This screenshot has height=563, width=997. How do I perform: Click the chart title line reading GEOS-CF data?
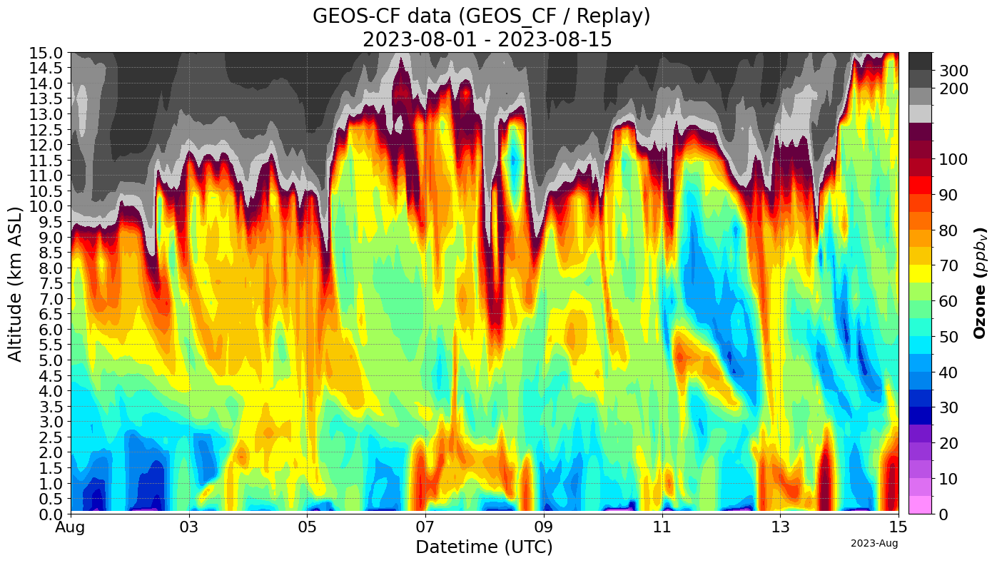coord(482,16)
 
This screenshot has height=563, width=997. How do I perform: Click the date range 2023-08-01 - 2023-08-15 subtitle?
coord(487,39)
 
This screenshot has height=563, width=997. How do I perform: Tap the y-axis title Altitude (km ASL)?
coord(15,283)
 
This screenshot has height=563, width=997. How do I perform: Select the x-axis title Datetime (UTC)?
coord(484,547)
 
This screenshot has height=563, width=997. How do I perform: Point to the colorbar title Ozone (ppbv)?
coord(981,283)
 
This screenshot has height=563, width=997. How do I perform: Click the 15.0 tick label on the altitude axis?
coord(45,54)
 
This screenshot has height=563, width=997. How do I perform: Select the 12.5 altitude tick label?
coord(45,130)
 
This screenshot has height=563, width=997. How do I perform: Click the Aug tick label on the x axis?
coord(71,528)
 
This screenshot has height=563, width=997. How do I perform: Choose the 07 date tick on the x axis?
coord(425,528)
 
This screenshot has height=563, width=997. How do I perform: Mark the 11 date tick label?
coord(662,528)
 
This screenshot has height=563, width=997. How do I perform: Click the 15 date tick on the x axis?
coord(898,528)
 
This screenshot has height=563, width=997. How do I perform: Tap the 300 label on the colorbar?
coord(953,70)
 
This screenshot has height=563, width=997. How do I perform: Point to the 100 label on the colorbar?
coord(953,159)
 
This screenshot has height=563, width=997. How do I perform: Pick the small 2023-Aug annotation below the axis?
coord(874,544)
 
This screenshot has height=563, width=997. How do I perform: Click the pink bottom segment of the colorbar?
coord(920,504)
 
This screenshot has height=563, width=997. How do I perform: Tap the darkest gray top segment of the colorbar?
coord(920,61)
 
